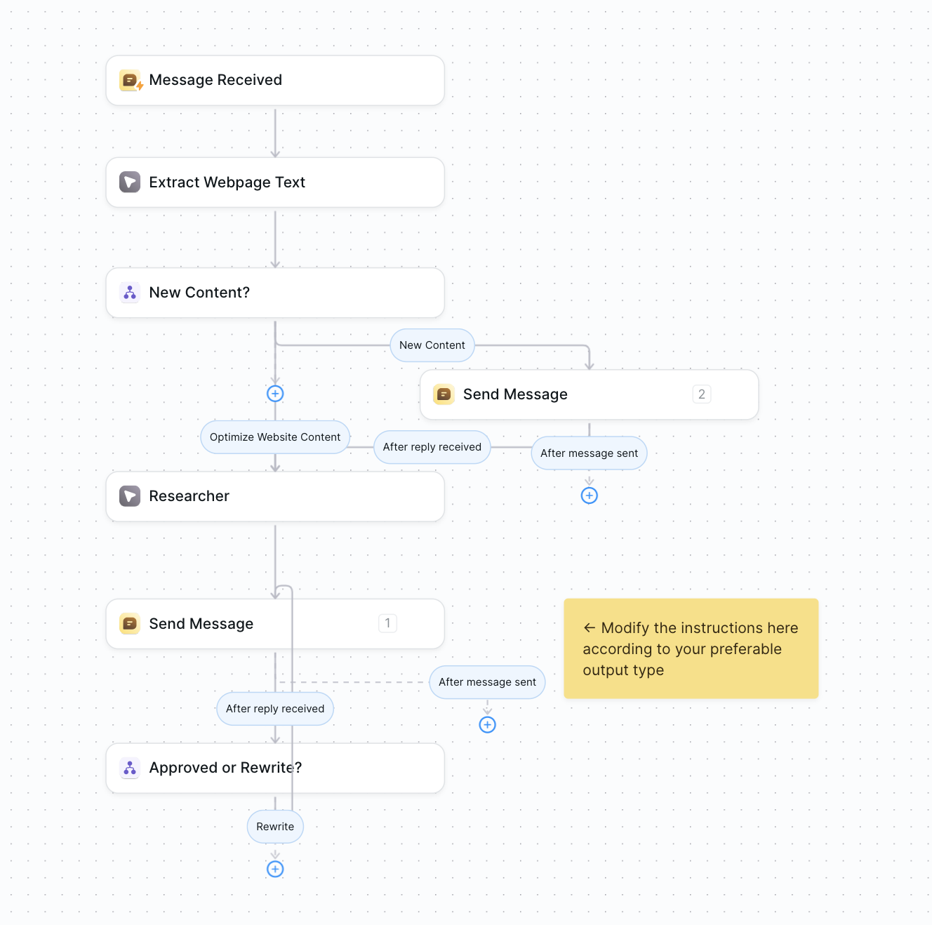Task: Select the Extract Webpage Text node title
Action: (227, 182)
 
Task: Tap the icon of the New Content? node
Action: (130, 293)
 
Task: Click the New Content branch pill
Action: (432, 345)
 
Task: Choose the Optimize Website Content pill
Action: (275, 437)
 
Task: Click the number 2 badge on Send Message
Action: (702, 394)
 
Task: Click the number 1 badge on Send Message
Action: (387, 623)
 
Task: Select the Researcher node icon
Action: (130, 496)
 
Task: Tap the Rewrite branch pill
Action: (275, 827)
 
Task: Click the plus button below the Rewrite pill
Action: (275, 870)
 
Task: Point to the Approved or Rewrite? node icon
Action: (130, 768)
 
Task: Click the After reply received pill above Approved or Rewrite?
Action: (275, 709)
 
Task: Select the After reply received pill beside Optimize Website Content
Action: (432, 447)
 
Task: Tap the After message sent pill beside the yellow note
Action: (487, 682)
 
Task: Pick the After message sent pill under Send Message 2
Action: (590, 453)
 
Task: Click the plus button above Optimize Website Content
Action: (275, 394)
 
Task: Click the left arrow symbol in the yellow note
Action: (590, 628)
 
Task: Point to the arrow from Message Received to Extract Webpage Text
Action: (275, 133)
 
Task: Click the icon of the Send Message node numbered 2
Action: (444, 394)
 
